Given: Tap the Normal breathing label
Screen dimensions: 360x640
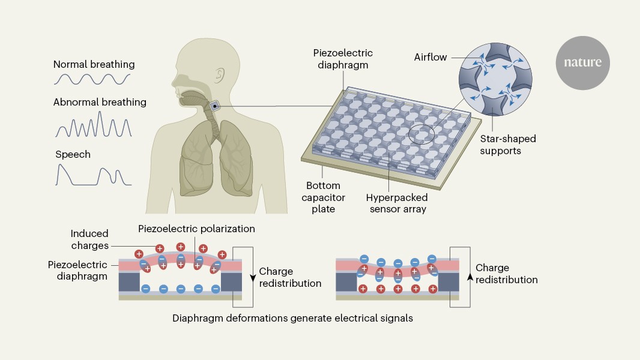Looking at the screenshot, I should [94, 64].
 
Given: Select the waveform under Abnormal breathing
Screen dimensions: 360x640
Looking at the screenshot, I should [94, 125].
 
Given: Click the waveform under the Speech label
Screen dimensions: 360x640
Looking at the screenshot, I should [94, 175].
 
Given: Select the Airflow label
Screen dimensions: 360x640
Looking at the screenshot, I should [431, 58].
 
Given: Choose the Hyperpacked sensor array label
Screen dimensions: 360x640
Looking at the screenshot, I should [396, 203].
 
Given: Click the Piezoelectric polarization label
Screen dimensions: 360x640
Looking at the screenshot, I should [196, 229].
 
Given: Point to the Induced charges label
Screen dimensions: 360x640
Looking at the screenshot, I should [89, 239].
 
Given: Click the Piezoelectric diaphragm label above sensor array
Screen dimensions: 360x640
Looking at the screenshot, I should [340, 58].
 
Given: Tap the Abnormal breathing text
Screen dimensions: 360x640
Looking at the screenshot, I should [100, 102].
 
